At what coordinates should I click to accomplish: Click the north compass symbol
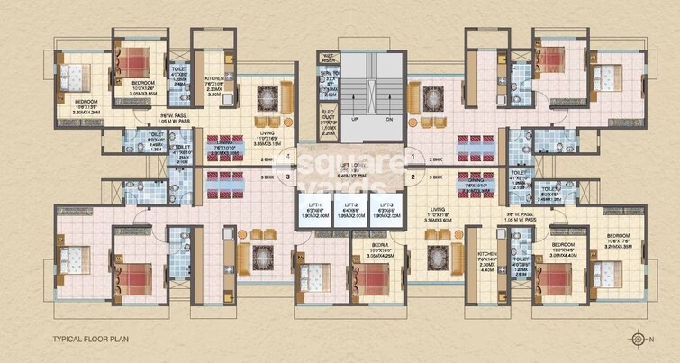point(640,340)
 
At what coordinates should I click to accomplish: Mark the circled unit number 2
point(411,177)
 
